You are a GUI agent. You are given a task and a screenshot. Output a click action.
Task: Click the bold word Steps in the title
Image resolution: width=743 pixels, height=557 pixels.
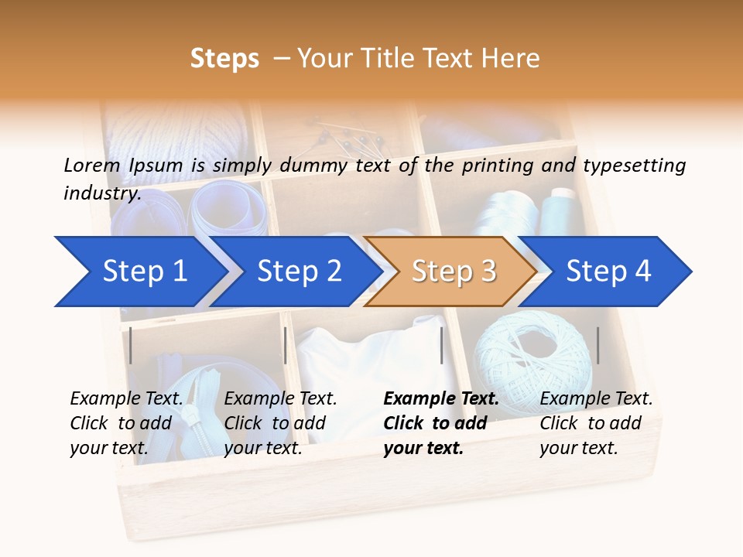point(224,59)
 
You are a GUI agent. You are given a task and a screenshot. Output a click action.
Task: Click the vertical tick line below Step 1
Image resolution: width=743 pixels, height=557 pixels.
point(131,345)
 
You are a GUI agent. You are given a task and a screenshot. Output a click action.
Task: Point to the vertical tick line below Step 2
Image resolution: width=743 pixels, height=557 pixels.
point(286,345)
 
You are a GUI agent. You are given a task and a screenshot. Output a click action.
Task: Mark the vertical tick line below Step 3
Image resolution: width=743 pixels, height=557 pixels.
point(441,345)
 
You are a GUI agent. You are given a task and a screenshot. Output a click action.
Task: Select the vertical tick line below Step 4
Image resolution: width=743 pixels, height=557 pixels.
point(597,345)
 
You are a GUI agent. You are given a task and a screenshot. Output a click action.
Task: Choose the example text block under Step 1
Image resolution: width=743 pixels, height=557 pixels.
point(126,423)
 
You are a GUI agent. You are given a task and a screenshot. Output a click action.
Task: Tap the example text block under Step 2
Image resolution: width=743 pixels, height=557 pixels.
point(280,423)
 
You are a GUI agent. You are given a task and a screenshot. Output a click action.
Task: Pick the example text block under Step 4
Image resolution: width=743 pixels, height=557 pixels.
point(596,423)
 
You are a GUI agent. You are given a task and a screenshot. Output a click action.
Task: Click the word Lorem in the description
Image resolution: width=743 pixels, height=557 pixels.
point(92,166)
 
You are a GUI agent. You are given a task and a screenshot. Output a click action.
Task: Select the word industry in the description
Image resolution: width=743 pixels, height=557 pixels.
point(102,193)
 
